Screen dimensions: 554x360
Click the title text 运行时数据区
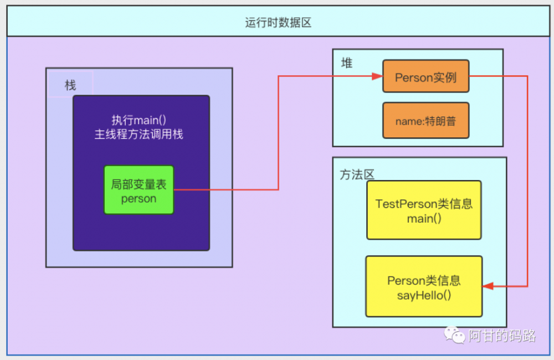tap(278, 23)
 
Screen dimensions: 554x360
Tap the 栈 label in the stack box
tap(70, 85)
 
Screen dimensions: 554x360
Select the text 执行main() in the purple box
tap(139, 120)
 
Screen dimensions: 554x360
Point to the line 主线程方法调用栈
tap(139, 134)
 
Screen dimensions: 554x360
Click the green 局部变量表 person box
tap(139, 190)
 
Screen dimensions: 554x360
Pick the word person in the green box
tap(139, 198)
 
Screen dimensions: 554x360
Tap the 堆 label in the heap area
tap(347, 63)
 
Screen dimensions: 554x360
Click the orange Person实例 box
tap(425, 76)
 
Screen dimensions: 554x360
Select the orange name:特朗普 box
tap(425, 121)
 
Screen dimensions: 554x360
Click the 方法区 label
tap(357, 174)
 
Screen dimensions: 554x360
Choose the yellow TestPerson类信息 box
tap(424, 210)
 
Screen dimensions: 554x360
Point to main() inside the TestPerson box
tap(424, 219)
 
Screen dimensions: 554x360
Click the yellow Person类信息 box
tap(424, 286)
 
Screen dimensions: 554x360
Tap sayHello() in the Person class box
tap(424, 295)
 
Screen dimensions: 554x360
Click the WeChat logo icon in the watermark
tap(455, 335)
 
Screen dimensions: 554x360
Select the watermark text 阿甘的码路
tap(502, 336)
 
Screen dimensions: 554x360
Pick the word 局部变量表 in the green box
tap(139, 184)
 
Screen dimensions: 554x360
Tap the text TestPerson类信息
tap(424, 204)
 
